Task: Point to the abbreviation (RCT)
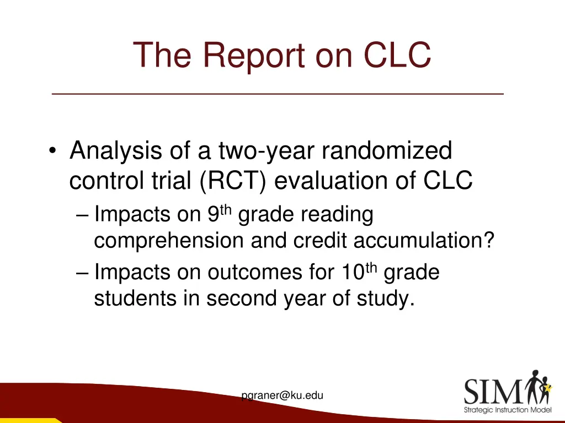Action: click(x=232, y=181)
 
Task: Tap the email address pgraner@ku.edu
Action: click(x=282, y=395)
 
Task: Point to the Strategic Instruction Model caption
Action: click(x=507, y=410)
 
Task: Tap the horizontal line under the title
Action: click(x=278, y=95)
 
